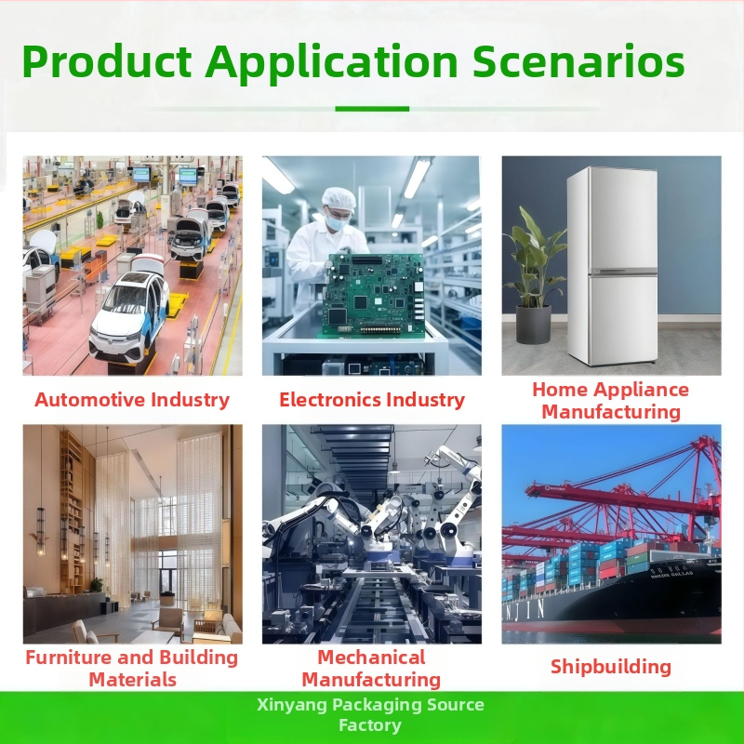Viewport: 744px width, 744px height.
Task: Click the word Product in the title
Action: (105, 63)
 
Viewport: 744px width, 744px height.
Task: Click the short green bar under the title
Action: (372, 109)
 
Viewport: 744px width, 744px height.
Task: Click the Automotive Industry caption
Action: (132, 400)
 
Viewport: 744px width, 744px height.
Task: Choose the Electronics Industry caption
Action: (372, 400)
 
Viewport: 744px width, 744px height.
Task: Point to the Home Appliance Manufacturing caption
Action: (611, 400)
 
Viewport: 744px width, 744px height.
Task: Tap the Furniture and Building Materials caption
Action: (132, 669)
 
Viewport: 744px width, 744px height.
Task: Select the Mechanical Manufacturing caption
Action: (371, 669)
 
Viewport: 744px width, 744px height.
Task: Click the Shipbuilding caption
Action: (611, 667)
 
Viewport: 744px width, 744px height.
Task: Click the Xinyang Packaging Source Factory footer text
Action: (371, 714)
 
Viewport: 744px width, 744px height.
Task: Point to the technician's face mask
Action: (336, 223)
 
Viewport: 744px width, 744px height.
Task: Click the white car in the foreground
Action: (130, 316)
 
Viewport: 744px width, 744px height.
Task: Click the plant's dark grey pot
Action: (533, 325)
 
